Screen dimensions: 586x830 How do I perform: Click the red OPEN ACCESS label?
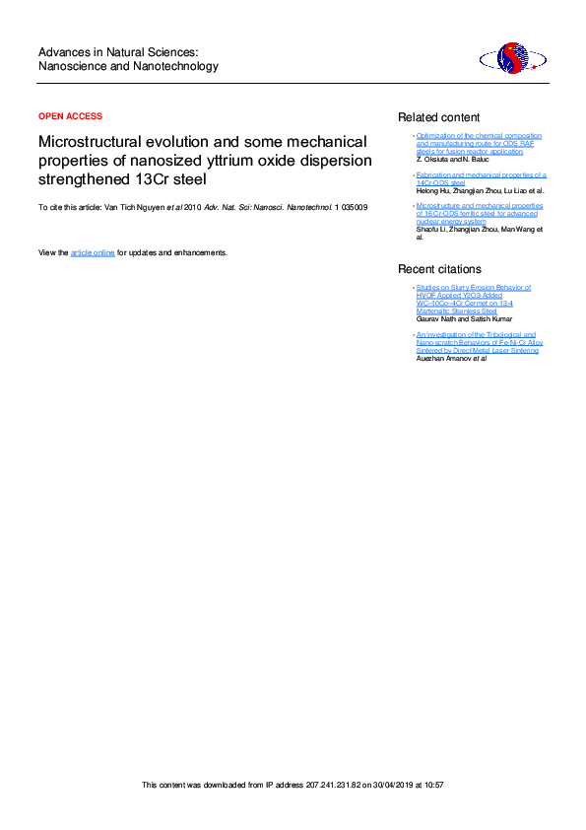coord(70,116)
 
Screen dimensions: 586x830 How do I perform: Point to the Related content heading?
coord(438,117)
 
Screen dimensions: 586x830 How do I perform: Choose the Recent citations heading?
coord(439,269)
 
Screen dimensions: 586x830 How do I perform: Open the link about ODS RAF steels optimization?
coord(479,144)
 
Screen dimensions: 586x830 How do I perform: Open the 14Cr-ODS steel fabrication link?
coord(481,178)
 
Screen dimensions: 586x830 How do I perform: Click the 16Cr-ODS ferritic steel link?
coord(479,214)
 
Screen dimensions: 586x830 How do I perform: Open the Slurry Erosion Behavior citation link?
coord(474,300)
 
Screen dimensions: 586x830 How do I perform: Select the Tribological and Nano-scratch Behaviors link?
coord(479,342)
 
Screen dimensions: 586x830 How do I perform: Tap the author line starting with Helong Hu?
coord(480,190)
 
